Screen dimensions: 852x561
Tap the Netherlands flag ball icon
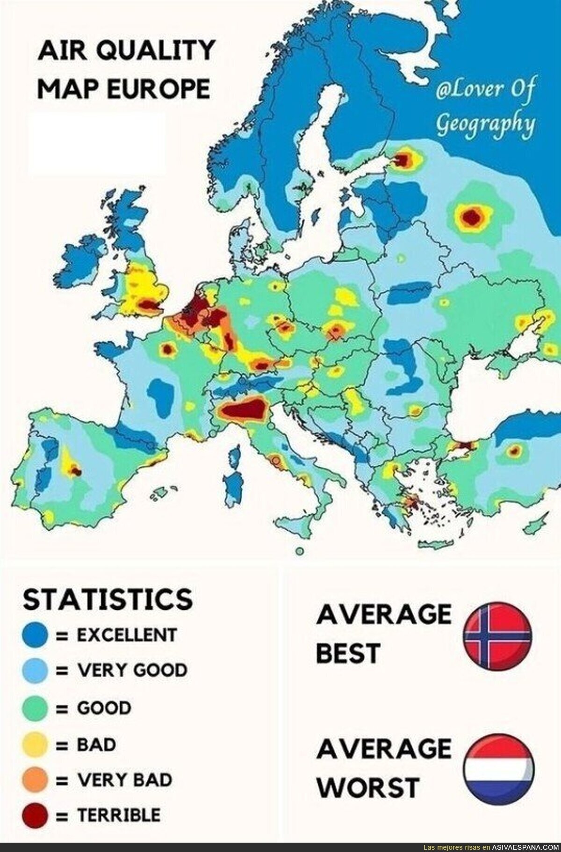(497, 768)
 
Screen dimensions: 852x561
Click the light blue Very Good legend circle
(35, 671)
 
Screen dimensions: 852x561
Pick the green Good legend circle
(35, 708)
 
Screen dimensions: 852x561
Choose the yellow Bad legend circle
(35, 744)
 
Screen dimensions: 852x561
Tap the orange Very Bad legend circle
(35, 780)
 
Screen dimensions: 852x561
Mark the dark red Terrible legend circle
(35, 815)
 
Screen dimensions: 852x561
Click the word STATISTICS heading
(108, 599)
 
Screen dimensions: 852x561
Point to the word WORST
(367, 787)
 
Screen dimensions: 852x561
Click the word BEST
(347, 653)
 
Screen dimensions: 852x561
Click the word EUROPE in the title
(158, 89)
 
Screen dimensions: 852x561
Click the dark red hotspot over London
(149, 305)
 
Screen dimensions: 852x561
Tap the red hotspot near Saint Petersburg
(402, 161)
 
